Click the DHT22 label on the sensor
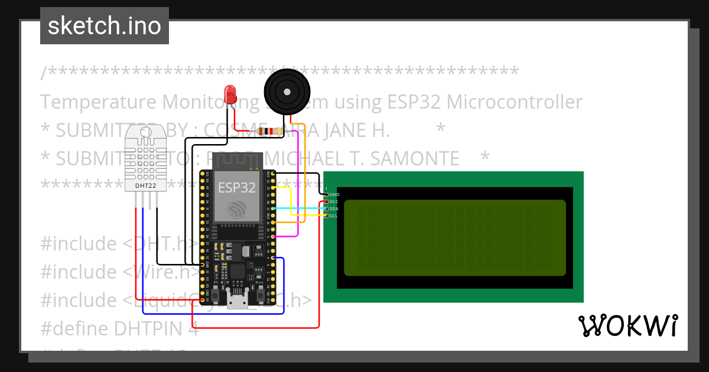tap(146, 185)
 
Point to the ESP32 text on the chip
tap(237, 188)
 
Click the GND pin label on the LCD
tap(334, 194)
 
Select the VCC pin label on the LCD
tap(334, 201)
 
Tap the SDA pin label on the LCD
tap(334, 208)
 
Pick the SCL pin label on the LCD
tap(334, 216)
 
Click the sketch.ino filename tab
tap(105, 26)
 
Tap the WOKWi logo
tap(627, 325)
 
